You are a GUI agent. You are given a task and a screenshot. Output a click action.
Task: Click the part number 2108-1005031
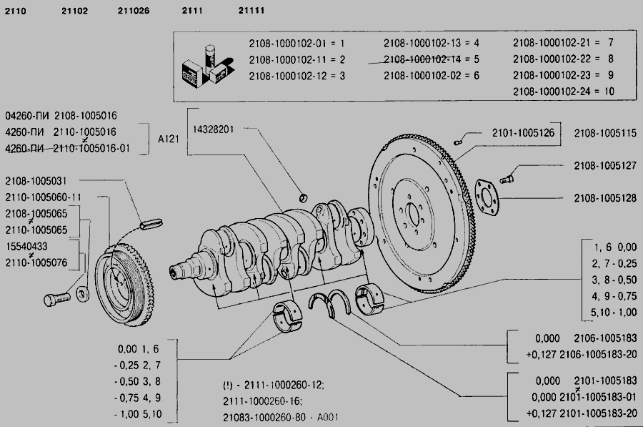coord(36,181)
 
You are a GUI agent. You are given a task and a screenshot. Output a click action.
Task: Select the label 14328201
coord(213,129)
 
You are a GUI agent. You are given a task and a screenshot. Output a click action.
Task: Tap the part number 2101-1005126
coord(523,132)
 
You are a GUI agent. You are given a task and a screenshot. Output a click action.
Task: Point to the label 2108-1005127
coord(605,165)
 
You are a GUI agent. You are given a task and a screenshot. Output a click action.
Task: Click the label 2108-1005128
coord(605,198)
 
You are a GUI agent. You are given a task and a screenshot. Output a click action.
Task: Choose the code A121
coord(169,139)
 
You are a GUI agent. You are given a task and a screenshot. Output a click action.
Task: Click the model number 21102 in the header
coord(74,11)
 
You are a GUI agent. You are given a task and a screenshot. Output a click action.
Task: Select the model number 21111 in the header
coord(251,11)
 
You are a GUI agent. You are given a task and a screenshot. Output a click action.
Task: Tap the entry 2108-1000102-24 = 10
coord(564,92)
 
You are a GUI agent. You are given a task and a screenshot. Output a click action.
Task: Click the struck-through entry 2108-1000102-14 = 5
coord(432,59)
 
